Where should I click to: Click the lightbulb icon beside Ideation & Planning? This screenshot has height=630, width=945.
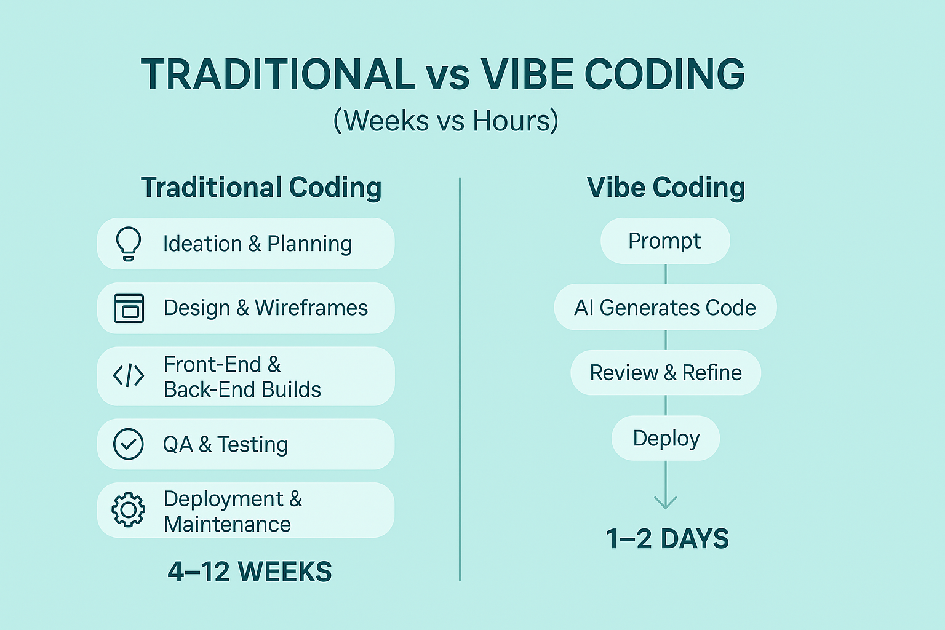tap(128, 244)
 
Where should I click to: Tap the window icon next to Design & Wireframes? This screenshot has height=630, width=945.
tap(129, 308)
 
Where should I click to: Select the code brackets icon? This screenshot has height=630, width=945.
tap(129, 375)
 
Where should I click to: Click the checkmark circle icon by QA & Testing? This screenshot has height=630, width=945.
tap(128, 444)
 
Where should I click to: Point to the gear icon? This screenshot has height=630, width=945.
tap(128, 510)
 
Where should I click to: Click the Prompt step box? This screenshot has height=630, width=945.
tap(665, 241)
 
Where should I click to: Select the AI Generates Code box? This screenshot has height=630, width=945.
tap(665, 307)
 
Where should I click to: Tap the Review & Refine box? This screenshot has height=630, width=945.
tap(666, 373)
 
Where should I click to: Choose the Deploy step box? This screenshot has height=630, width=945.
tap(666, 438)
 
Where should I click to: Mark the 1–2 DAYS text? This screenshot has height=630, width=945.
tap(668, 539)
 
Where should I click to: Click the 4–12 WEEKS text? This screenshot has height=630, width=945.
tap(250, 572)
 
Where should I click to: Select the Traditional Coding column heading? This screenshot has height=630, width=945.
tap(261, 188)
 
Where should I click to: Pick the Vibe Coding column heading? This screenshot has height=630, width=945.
tap(666, 188)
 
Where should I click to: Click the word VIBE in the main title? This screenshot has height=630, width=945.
tap(527, 74)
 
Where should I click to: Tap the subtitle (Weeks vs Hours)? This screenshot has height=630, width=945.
tap(446, 121)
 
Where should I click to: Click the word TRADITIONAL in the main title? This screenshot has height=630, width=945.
tap(278, 74)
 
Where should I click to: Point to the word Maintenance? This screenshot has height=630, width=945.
tap(228, 525)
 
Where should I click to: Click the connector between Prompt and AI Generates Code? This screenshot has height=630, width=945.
tap(666, 274)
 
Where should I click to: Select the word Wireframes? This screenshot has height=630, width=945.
tap(311, 308)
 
